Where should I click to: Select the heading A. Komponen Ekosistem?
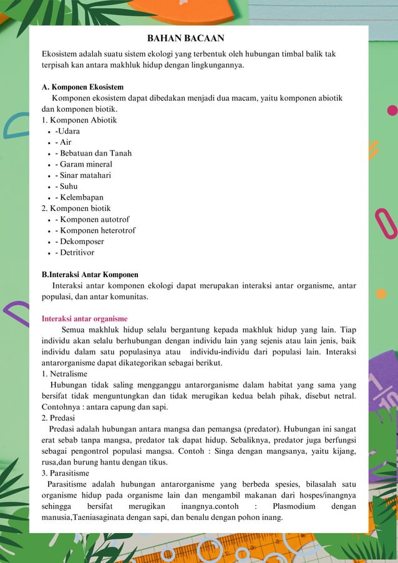(82, 87)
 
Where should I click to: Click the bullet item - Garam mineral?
(84, 164)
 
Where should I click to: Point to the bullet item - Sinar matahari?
(83, 175)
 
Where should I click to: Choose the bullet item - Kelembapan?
(79, 197)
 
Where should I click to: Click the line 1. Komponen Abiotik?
(79, 120)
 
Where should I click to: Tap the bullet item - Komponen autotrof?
(92, 220)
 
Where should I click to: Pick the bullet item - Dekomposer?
(79, 242)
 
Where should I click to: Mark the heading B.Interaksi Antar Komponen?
(90, 275)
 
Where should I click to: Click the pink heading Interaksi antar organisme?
(84, 318)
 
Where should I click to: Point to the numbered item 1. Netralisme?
(64, 374)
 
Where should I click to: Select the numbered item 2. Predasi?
(59, 418)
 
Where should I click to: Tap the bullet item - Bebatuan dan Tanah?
(93, 153)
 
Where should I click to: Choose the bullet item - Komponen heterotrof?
(95, 230)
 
